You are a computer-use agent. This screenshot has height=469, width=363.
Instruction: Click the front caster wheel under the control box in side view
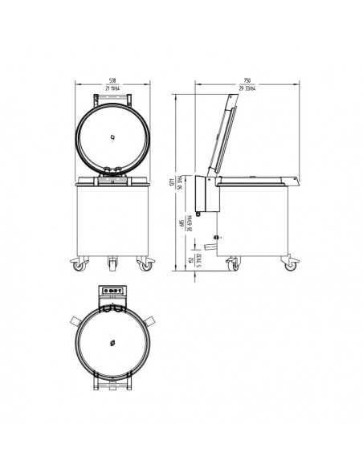click(x=232, y=263)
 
